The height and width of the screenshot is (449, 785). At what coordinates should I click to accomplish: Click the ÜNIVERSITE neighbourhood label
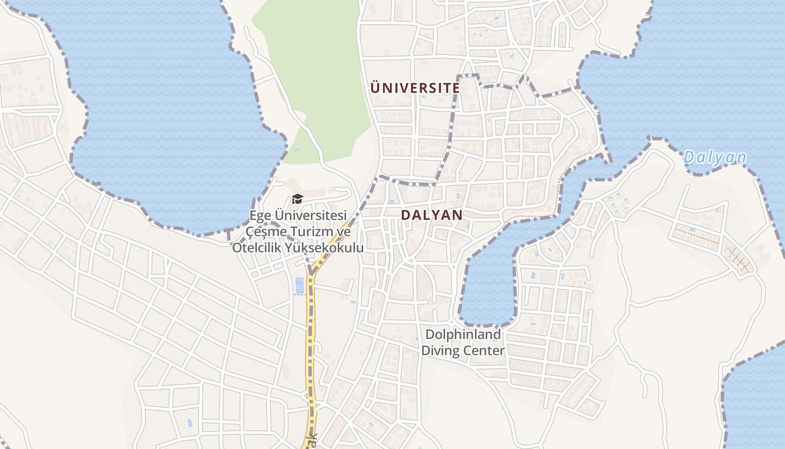415,88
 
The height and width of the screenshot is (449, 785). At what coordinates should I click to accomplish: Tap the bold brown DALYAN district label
432,215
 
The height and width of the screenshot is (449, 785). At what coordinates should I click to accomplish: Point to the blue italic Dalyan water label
715,158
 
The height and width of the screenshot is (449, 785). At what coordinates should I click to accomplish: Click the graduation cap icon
297,199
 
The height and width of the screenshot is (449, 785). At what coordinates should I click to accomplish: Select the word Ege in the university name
261,216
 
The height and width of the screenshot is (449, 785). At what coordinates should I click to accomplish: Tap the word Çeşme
267,232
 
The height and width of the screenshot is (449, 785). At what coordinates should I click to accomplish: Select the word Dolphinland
463,335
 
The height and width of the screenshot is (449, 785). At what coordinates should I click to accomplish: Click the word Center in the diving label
484,351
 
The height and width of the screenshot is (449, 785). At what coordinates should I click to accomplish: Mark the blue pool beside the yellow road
299,285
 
